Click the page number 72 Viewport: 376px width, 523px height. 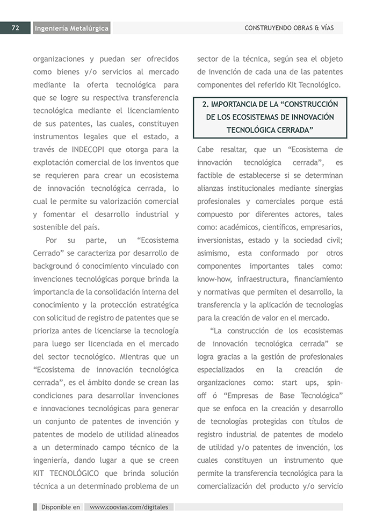[15, 28]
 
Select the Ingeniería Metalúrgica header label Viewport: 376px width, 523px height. [71, 28]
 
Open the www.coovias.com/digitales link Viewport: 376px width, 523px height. [129, 506]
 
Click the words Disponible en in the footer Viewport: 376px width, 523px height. [60, 506]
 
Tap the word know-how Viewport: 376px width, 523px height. [214, 279]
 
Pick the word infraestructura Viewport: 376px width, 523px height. [260, 279]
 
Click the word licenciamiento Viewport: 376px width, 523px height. [148, 110]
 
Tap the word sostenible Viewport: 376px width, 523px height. [52, 227]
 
